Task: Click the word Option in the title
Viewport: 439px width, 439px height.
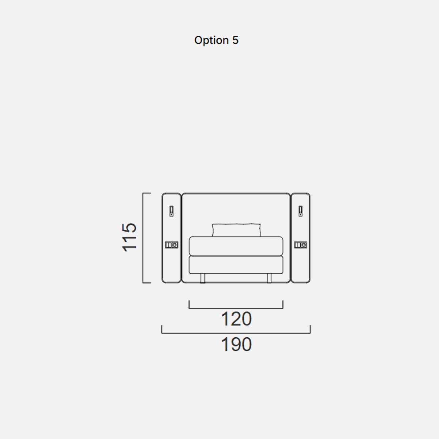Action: tap(211, 41)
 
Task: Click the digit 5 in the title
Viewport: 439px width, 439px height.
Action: tap(235, 40)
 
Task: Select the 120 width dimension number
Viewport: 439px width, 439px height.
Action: tap(236, 319)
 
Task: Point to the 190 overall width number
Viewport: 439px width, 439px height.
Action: tap(236, 344)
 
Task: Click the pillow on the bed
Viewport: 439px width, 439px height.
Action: tap(236, 230)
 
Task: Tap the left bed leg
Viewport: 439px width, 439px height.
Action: tap(203, 278)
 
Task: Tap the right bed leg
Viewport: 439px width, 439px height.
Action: tap(269, 278)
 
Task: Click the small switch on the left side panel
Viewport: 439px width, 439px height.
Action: tap(171, 211)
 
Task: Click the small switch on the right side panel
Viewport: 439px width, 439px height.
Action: tap(301, 211)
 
